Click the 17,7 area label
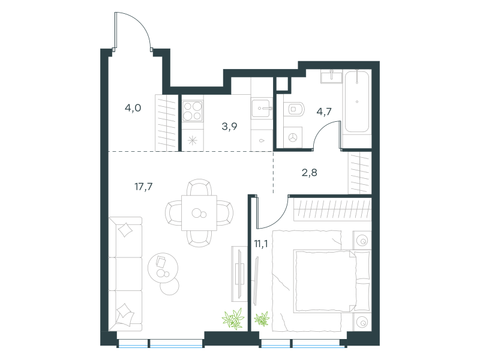tap(143, 186)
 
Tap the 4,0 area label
tap(133, 108)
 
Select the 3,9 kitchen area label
tap(229, 126)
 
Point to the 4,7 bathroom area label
tap(324, 112)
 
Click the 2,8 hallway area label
tap(309, 173)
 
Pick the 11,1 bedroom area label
tap(261, 244)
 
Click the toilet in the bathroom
tap(294, 109)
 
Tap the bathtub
tap(357, 101)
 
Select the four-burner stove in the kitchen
tap(193, 111)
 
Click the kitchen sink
tap(262, 108)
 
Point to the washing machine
tap(293, 137)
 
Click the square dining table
tap(199, 213)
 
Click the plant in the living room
tap(233, 319)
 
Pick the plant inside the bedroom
tap(262, 319)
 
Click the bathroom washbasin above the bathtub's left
tap(332, 76)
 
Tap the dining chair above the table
tap(199, 187)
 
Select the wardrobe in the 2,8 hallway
tap(359, 173)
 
